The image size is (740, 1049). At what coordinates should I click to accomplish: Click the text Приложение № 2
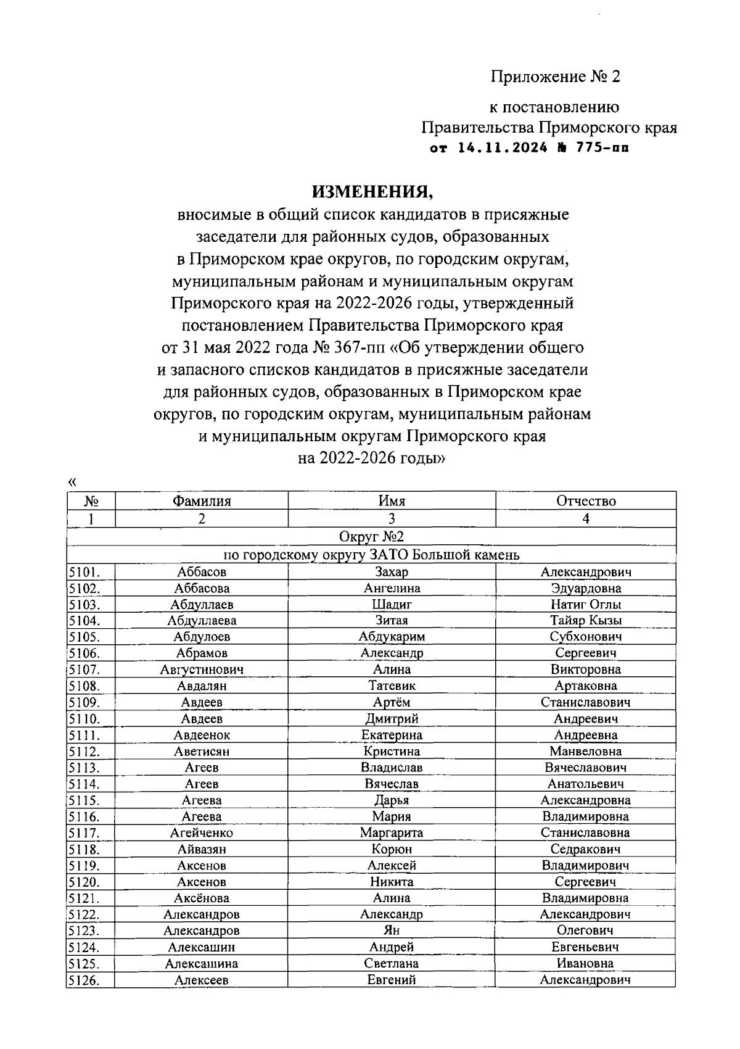(x=555, y=77)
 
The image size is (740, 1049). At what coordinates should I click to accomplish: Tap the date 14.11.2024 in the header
(x=503, y=149)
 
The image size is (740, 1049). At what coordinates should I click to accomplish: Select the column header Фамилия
(x=202, y=501)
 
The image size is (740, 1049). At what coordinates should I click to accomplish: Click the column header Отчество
(x=586, y=501)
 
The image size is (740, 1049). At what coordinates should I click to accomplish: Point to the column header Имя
(x=392, y=501)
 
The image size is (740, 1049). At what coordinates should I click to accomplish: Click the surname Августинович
(x=202, y=670)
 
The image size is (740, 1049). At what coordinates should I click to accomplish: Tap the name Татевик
(x=392, y=686)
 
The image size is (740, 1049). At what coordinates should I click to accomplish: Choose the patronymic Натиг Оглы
(x=586, y=605)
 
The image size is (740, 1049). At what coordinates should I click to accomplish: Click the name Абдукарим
(x=392, y=637)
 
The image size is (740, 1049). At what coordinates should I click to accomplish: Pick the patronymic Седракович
(x=586, y=849)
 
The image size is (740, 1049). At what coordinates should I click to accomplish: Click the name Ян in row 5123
(x=392, y=931)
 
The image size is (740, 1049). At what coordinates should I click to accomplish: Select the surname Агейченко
(x=202, y=833)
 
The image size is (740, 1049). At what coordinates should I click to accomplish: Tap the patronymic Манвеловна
(x=586, y=752)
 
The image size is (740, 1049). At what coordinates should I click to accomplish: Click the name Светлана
(x=392, y=963)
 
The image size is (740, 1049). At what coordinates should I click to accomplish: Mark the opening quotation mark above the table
(x=72, y=482)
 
